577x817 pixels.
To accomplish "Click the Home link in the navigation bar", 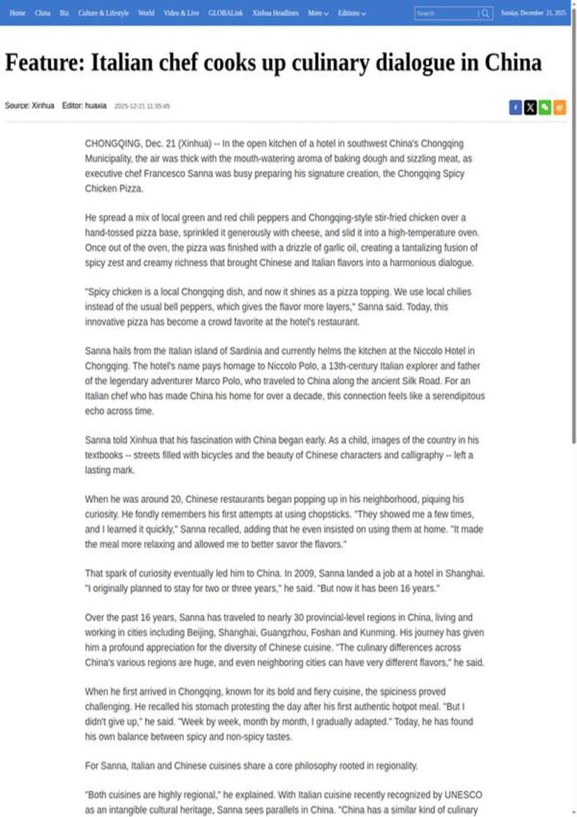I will [17, 13].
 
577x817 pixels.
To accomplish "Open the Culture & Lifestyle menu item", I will [103, 13].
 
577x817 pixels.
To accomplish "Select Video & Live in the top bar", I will [181, 13].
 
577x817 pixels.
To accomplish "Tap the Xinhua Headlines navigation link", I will [275, 13].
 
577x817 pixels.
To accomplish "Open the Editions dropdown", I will [351, 13].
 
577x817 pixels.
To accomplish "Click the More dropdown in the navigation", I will [318, 13].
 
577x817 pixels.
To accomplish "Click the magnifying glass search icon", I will [485, 13].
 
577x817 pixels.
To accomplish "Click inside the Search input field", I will [444, 13].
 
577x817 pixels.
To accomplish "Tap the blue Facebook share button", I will [516, 107].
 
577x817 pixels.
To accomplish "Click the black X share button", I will [530, 107].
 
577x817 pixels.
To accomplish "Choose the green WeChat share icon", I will [545, 107].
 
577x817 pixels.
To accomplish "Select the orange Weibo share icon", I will [560, 107].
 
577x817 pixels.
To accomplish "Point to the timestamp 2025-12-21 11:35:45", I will [142, 106].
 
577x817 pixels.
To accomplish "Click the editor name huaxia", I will [96, 105].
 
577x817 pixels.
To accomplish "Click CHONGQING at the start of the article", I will [112, 143].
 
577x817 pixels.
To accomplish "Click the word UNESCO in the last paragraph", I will [465, 795].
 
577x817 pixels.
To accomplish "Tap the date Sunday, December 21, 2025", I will [534, 13].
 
